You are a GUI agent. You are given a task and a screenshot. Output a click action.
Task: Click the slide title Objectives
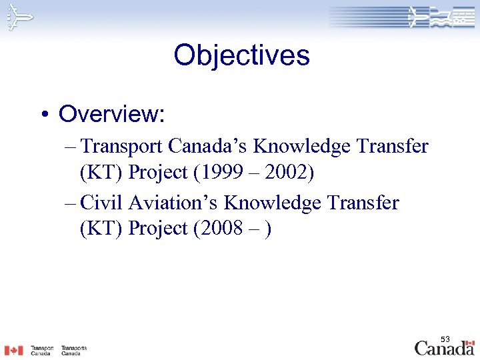point(241,55)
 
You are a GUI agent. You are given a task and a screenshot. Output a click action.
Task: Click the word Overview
point(111,114)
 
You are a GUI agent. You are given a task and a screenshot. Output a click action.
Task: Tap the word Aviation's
point(173,201)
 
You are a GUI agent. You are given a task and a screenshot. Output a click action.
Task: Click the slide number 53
point(445,340)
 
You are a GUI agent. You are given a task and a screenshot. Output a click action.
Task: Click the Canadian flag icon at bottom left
point(13,350)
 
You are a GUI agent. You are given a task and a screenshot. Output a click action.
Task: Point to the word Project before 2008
point(158,228)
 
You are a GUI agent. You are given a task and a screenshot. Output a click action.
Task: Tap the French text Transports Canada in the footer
point(73,350)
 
